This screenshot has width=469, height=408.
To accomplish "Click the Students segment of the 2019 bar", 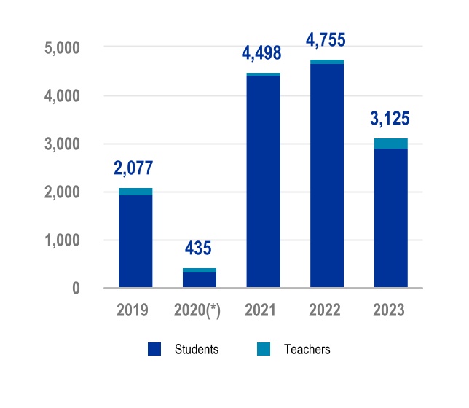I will coord(135,241).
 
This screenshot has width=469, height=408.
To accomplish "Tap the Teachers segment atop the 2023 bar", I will coord(391,144).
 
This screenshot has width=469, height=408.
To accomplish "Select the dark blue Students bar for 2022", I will coord(327,176).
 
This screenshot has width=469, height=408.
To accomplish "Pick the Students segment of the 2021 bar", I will coord(263,181).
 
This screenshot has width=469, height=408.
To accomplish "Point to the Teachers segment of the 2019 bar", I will coord(135,192).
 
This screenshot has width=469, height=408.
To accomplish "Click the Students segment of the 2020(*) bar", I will coord(200,280).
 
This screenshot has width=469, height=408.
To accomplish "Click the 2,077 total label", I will coord(133,169).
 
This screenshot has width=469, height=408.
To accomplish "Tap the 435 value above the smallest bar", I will coord(197,248).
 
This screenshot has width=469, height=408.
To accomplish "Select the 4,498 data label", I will coord(261,54).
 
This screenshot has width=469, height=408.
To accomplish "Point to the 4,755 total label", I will coord(326,40).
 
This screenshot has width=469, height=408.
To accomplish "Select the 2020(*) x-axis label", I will coord(197,310).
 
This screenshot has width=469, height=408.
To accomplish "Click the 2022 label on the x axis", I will coord(326,310).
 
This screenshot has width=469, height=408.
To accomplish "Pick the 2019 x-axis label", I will coord(133,310).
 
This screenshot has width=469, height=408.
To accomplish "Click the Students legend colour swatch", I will coord(154,350).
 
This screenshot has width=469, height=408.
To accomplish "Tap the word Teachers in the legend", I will coord(307,350).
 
